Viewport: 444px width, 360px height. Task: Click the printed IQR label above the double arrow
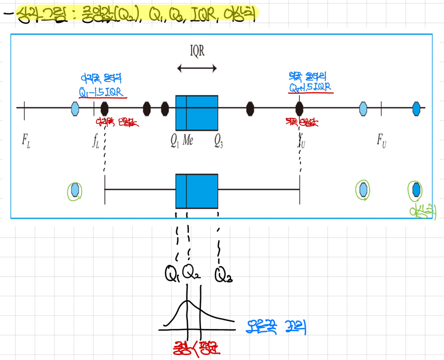click(197, 51)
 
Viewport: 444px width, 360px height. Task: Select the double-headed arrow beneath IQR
click(197, 69)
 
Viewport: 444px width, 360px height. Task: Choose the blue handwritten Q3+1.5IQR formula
click(310, 87)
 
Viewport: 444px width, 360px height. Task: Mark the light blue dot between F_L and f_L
click(75, 108)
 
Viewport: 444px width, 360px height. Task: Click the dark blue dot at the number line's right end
click(416, 108)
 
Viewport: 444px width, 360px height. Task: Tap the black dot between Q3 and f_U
click(250, 108)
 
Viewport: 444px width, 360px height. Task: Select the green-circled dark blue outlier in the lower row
click(415, 190)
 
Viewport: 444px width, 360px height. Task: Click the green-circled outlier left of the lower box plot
click(75, 191)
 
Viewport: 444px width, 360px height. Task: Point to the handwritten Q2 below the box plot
click(190, 273)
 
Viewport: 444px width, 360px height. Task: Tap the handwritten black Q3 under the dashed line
click(223, 274)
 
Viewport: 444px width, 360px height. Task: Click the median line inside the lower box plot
click(186, 191)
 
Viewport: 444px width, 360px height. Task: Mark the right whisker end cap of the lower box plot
click(300, 190)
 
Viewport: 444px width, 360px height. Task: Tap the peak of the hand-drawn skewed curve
click(187, 301)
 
